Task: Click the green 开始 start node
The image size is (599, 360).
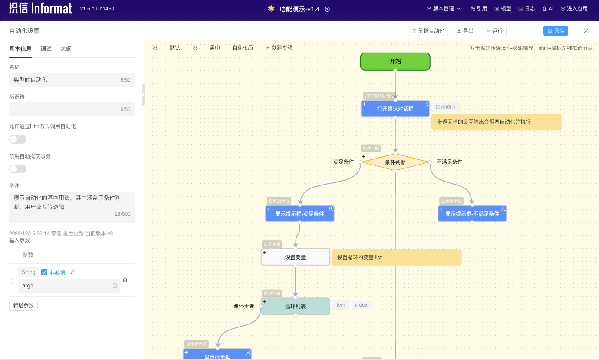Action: (x=395, y=61)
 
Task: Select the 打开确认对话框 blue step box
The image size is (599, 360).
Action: (x=395, y=109)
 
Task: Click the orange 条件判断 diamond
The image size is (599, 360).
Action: (x=395, y=162)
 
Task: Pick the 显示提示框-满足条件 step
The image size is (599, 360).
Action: (x=299, y=214)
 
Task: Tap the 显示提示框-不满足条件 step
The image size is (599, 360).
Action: (x=472, y=214)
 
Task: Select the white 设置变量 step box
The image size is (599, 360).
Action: (x=295, y=258)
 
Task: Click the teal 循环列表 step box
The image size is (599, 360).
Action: (x=295, y=307)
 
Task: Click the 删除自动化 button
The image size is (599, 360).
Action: (x=428, y=31)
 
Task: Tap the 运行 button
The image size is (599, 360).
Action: (x=494, y=31)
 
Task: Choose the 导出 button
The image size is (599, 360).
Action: (x=465, y=31)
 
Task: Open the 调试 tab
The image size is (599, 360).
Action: (x=46, y=49)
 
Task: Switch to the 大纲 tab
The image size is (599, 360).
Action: (x=66, y=49)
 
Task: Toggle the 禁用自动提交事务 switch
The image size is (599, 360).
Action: (x=18, y=169)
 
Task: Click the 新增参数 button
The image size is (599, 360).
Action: (x=23, y=306)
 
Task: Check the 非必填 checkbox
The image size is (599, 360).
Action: (x=44, y=272)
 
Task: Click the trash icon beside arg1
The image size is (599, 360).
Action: (x=125, y=280)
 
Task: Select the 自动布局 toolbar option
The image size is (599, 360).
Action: (x=243, y=48)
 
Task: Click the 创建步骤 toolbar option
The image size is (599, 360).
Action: (x=279, y=48)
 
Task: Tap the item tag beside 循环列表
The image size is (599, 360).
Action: (x=340, y=305)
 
